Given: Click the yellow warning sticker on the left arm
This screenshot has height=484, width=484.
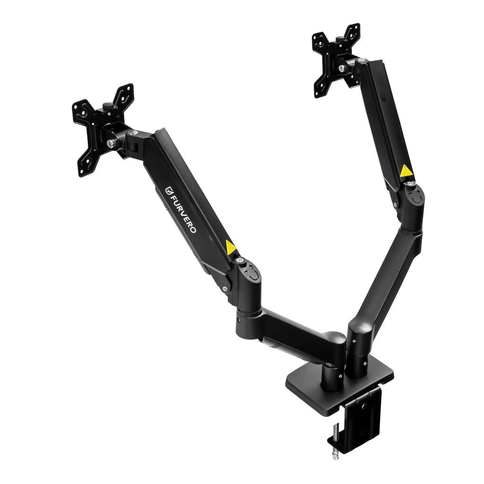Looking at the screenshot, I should pos(230,247).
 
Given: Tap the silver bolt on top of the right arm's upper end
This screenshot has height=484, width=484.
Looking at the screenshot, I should pos(361,61).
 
